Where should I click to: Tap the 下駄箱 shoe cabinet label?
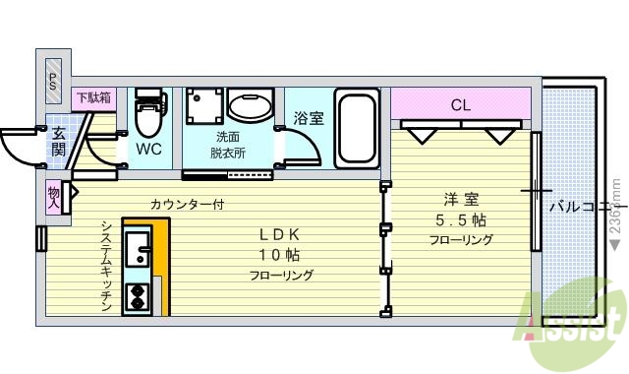tap(94, 97)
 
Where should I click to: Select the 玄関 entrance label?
tap(58, 142)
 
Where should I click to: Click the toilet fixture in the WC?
tap(148, 115)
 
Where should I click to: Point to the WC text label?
tap(149, 151)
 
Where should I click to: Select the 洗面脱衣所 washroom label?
tap(227, 145)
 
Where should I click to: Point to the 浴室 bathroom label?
tap(309, 118)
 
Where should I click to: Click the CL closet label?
tap(460, 103)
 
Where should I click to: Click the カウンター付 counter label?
tap(189, 205)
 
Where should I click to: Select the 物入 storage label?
tap(53, 199)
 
